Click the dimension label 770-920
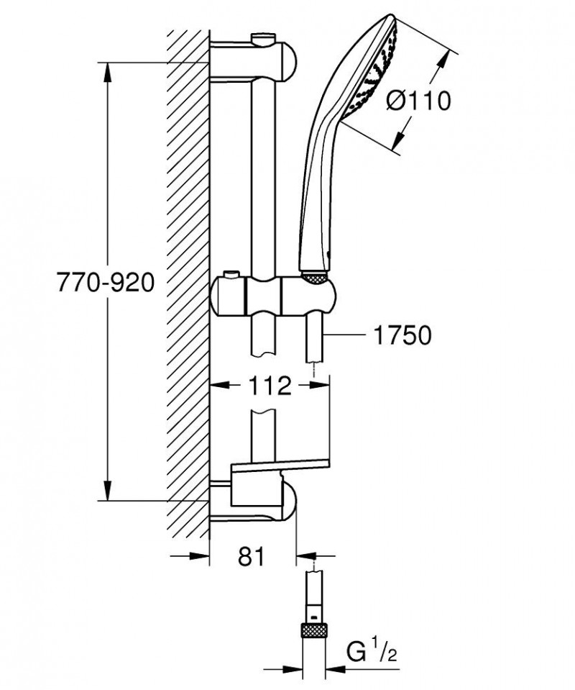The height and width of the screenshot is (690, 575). coord(106,283)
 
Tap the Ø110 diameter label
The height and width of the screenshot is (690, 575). coord(418,101)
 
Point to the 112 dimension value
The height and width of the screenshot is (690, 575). coord(270,386)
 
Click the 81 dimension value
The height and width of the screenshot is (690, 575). coord(251,555)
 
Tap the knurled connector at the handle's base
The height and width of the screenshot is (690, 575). coord(316,277)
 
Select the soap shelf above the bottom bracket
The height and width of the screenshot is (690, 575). coord(280,468)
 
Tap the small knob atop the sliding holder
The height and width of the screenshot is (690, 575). coord(231,276)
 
